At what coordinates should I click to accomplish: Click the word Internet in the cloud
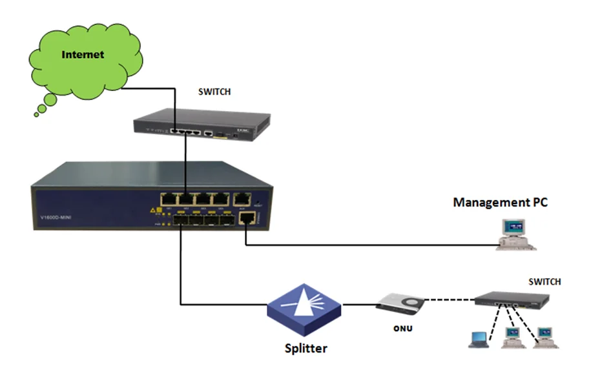83,54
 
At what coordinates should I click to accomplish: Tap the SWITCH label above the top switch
214,92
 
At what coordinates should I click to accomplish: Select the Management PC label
500,202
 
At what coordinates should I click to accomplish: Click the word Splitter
306,348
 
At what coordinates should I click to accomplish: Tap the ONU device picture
401,302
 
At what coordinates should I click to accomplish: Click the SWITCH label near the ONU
545,282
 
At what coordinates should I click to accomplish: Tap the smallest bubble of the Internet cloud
37,114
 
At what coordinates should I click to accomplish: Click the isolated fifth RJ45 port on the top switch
209,134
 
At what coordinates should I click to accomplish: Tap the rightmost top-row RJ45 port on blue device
243,200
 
